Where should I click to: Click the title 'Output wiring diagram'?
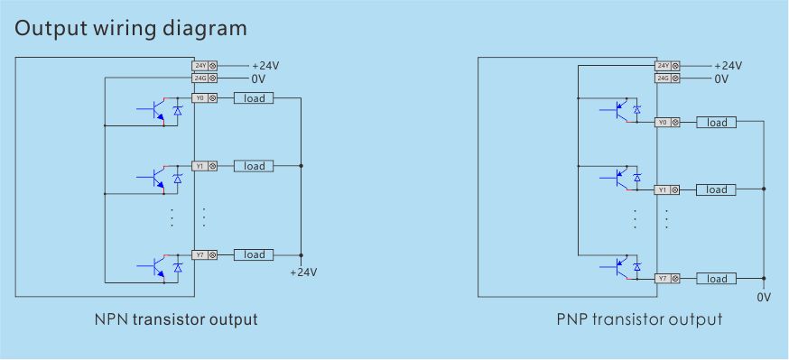click(131, 28)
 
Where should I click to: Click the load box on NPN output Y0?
click(254, 97)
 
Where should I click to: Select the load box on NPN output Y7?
click(254, 254)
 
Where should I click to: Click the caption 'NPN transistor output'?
click(176, 319)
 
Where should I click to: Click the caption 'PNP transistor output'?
click(639, 319)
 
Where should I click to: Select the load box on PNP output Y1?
click(717, 189)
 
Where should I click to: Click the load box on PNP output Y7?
click(717, 278)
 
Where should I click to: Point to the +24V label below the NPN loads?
click(303, 272)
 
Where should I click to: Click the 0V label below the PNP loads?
click(764, 296)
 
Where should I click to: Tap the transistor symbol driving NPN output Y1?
click(155, 178)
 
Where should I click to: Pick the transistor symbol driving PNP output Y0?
click(619, 110)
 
